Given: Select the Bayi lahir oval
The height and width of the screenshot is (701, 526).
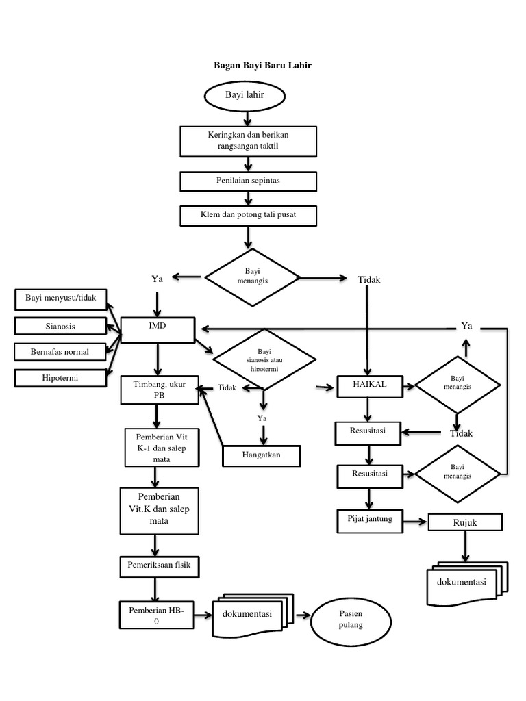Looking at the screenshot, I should (x=245, y=94).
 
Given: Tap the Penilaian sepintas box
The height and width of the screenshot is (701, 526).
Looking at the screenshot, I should (x=248, y=181).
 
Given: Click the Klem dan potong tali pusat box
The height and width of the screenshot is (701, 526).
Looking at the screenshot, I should (x=248, y=216).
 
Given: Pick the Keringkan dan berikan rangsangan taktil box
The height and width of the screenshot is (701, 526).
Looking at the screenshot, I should (x=248, y=141).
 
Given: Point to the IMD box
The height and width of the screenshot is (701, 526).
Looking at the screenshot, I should (x=158, y=329).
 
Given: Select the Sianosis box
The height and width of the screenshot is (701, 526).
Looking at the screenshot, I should (x=60, y=326).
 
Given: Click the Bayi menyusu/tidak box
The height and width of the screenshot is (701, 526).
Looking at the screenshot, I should (x=60, y=298).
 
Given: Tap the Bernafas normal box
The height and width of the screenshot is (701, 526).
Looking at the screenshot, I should (x=60, y=352).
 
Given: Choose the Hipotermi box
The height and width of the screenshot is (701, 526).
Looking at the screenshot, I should (x=60, y=377).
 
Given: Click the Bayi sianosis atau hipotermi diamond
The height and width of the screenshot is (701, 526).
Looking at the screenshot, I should (x=264, y=359).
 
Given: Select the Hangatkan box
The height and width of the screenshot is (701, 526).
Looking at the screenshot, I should (x=262, y=455).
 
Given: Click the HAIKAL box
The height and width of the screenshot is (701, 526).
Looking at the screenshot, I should (x=369, y=386).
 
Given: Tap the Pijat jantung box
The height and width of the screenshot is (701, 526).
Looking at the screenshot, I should (x=369, y=520).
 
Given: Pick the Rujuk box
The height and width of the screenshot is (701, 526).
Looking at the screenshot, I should (x=464, y=523).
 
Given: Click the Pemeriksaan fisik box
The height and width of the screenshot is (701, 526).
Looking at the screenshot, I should (x=158, y=565).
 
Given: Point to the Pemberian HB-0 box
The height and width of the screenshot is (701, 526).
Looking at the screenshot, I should (x=156, y=615).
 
